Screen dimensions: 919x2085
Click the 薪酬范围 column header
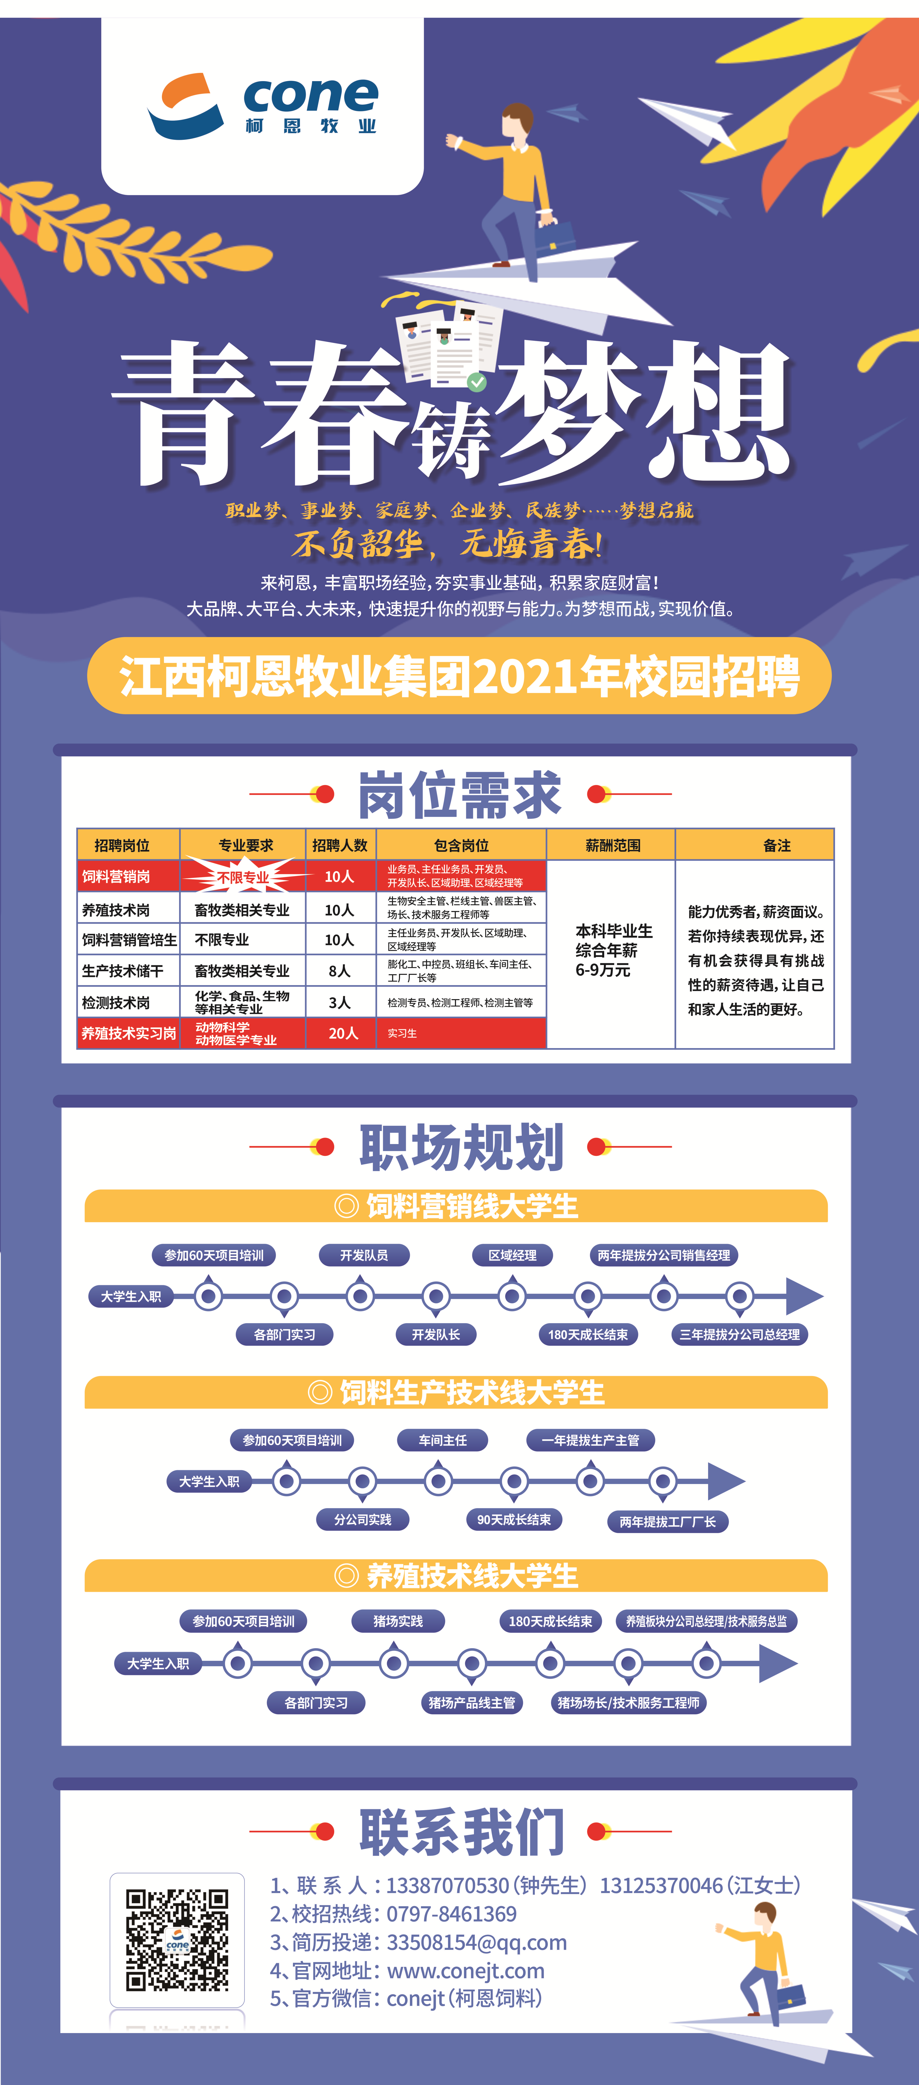[613, 845]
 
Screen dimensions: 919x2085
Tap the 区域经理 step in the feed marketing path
[512, 1255]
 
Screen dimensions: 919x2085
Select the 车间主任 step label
[443, 1440]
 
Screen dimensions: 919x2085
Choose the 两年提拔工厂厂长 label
[668, 1522]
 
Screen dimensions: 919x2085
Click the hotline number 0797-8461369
[451, 1913]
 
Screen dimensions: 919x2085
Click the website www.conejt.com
[466, 1970]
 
